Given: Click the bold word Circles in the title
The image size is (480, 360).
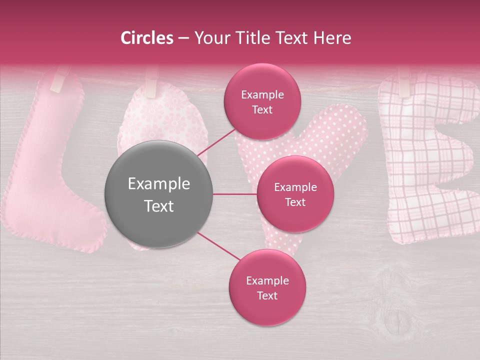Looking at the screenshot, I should [x=147, y=38].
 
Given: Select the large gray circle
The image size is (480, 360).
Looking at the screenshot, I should [x=159, y=194].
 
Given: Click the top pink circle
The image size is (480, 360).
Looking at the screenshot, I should [x=262, y=102].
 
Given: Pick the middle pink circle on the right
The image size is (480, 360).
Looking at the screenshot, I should [x=295, y=194].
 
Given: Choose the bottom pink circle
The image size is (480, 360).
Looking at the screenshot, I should [x=267, y=287].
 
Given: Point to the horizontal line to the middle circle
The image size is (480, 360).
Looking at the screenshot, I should [x=235, y=194].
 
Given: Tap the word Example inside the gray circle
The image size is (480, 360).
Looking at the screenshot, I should [x=159, y=184].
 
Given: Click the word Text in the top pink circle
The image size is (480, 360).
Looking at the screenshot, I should [x=262, y=110].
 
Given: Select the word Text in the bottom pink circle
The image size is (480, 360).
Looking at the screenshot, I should [x=267, y=295].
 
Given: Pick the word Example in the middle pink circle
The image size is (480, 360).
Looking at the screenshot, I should [x=295, y=187].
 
